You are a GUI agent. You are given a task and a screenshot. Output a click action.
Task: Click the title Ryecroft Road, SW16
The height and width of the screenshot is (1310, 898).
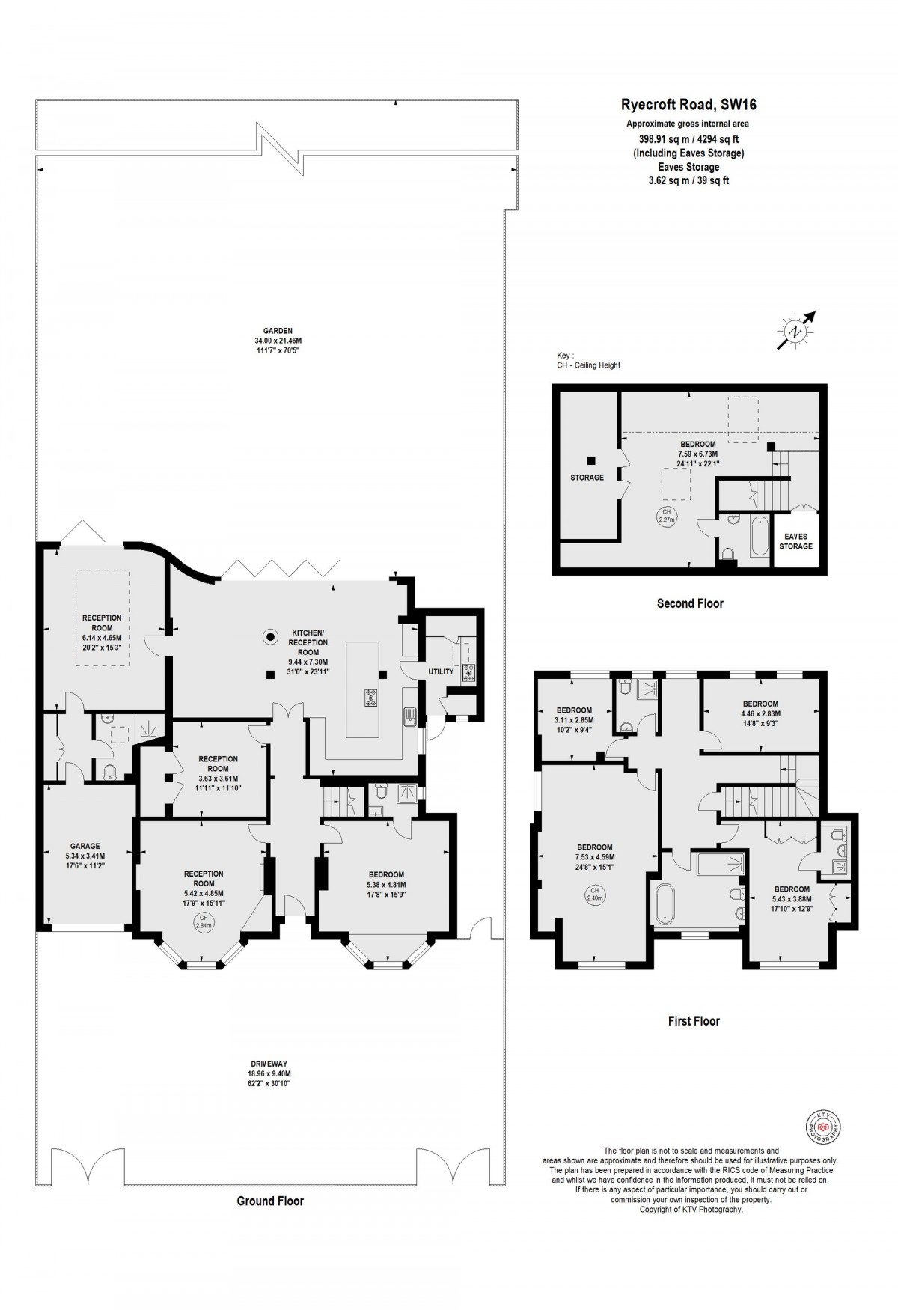(x=689, y=106)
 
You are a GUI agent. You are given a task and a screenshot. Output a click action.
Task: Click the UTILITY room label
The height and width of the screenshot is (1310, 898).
(x=441, y=671)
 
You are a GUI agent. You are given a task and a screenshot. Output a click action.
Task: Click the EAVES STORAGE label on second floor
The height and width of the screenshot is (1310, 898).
(x=795, y=541)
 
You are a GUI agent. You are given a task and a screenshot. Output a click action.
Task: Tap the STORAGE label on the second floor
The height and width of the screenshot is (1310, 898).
(x=587, y=478)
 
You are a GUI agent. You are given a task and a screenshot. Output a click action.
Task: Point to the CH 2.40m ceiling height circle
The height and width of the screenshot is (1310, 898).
(x=595, y=894)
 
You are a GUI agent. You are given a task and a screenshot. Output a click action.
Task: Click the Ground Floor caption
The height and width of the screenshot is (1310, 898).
(x=270, y=1201)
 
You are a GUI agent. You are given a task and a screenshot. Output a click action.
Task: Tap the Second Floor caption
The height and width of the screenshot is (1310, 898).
(x=689, y=603)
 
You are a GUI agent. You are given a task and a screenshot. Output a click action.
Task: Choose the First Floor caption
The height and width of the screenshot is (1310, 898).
(x=694, y=1020)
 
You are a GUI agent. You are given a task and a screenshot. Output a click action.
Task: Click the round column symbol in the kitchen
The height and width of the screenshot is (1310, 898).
(x=269, y=637)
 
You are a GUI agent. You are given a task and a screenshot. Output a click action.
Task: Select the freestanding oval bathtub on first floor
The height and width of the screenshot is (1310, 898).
(x=664, y=904)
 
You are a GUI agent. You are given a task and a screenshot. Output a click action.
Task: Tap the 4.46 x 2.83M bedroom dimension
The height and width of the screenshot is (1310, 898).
(x=760, y=714)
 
